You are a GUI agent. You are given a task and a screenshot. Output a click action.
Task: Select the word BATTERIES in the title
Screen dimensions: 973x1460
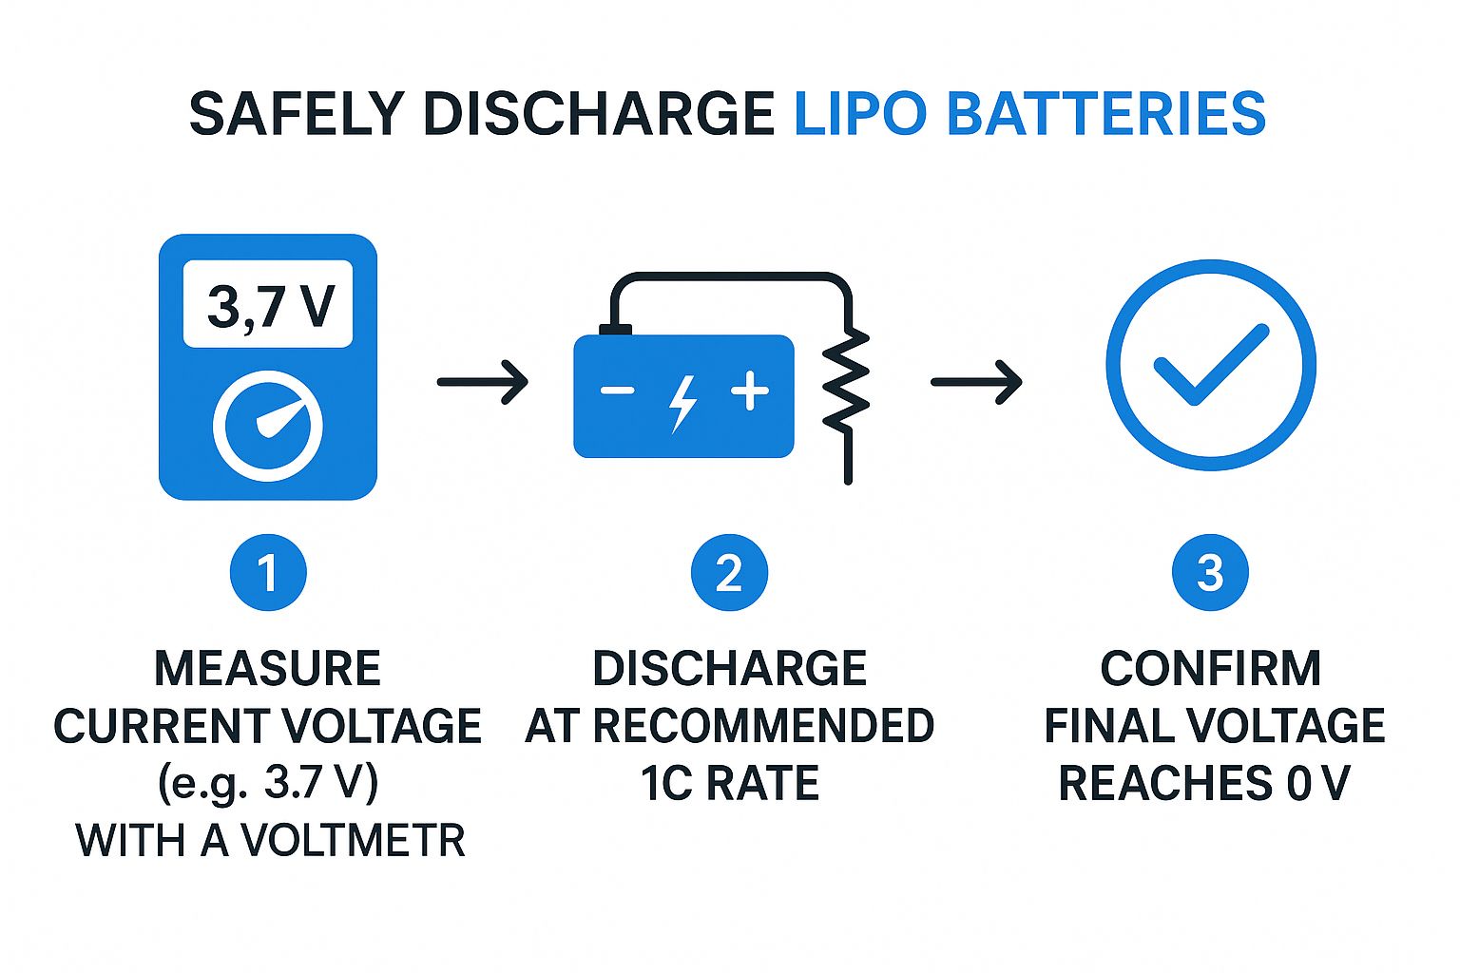1106,114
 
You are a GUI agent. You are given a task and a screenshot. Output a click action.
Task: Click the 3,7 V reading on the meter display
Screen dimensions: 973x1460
269,306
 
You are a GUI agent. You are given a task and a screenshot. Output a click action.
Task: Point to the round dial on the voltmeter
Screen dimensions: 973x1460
268,426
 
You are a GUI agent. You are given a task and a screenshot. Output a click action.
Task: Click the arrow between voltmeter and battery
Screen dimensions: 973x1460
482,382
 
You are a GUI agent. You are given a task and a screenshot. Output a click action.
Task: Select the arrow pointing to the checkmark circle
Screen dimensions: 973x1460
976,382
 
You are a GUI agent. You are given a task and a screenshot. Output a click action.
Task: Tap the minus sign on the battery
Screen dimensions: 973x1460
617,391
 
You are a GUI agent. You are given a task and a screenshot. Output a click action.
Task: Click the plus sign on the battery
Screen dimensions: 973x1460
750,391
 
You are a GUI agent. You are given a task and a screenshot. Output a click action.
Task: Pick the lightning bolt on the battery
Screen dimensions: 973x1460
682,403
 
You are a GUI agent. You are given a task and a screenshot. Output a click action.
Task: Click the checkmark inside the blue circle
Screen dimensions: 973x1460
1210,364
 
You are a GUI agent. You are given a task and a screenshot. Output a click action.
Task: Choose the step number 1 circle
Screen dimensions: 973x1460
268,573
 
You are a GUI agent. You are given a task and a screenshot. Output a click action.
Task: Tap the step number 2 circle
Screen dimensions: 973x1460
729,573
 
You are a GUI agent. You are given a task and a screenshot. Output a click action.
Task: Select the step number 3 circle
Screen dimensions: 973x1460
1210,573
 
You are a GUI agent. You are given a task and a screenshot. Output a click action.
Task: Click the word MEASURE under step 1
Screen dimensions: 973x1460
267,668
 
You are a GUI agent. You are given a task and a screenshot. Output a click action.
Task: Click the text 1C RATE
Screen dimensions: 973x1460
729,784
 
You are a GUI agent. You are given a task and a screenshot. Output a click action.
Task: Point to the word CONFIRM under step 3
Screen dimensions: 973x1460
1210,668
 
